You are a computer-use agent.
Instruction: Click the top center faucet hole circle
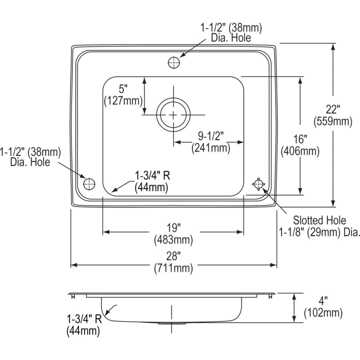pyautogui.click(x=174, y=62)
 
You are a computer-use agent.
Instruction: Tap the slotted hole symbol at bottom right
pyautogui.click(x=258, y=184)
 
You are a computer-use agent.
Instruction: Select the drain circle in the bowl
pyautogui.click(x=173, y=115)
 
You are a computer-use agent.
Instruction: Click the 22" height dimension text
pyautogui.click(x=333, y=109)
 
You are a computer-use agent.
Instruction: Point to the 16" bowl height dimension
pyautogui.click(x=300, y=139)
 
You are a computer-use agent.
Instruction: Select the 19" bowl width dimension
pyautogui.click(x=174, y=228)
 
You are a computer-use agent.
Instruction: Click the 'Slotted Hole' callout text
pyautogui.click(x=319, y=220)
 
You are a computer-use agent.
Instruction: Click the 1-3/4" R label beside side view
pyautogui.click(x=84, y=319)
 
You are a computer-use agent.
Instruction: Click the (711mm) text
pyautogui.click(x=174, y=268)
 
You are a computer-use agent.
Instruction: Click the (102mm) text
pyautogui.click(x=323, y=312)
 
